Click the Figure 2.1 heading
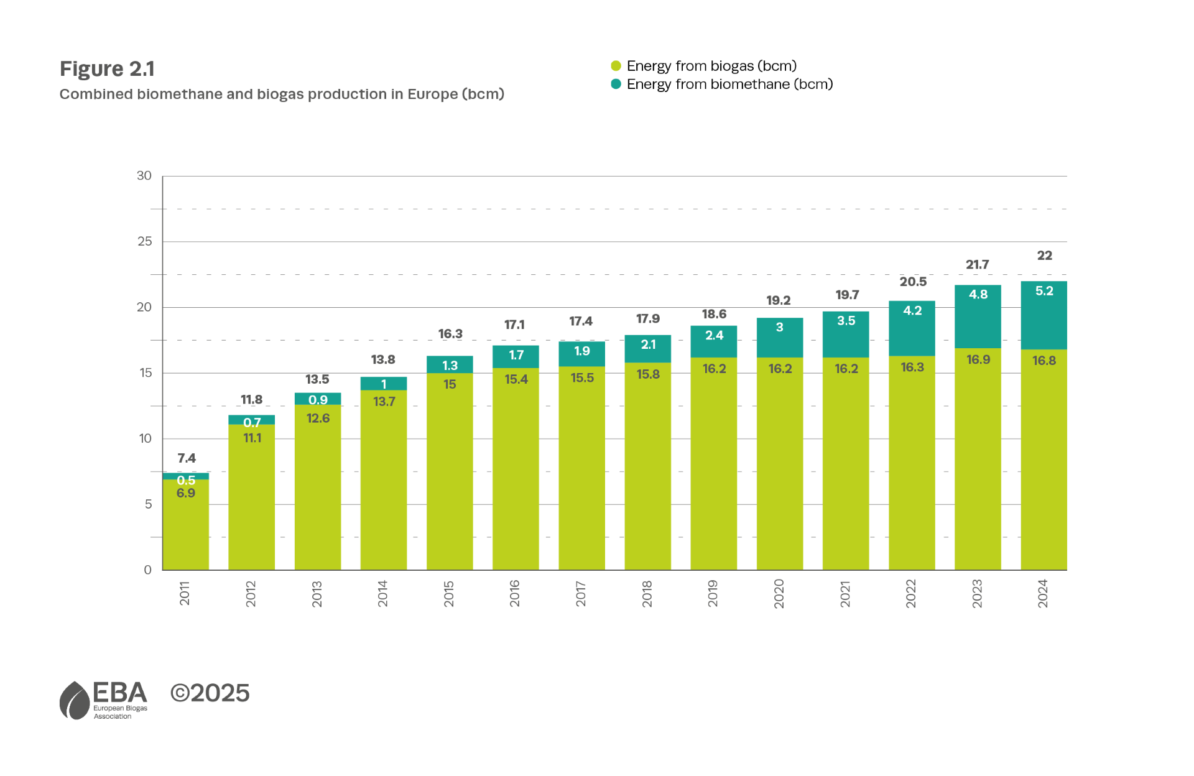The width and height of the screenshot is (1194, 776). [x=107, y=68]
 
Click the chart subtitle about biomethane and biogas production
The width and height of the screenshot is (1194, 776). [x=281, y=95]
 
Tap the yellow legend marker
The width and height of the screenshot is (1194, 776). [x=616, y=66]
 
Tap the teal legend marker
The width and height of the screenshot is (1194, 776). [x=616, y=84]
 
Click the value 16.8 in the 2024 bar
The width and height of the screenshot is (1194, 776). [x=1044, y=361]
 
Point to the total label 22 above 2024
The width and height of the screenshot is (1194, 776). [x=1044, y=256]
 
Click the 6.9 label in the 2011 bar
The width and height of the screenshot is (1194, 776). [x=185, y=493]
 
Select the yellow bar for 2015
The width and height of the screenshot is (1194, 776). [x=449, y=473]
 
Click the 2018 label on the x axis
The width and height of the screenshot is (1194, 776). [x=647, y=594]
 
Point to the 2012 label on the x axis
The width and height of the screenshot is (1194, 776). [x=251, y=594]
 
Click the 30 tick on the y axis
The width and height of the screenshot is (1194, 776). [x=144, y=175]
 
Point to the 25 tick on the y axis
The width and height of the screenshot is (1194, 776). [x=144, y=241]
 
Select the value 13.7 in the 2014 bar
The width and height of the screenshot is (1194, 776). [x=384, y=402]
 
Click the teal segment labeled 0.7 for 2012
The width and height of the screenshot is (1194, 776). [x=251, y=420]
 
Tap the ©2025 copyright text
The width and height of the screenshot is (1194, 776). [x=210, y=693]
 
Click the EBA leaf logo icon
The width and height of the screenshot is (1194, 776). [x=75, y=701]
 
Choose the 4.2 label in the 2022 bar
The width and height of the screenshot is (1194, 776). [x=912, y=311]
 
